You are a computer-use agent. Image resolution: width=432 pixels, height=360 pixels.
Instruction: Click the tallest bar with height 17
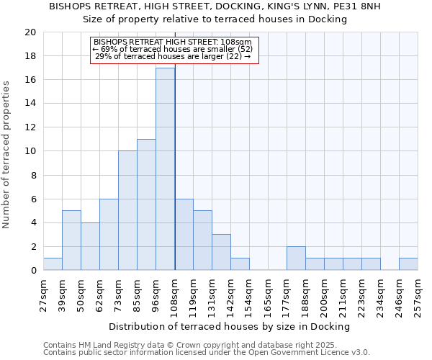tap(165, 169)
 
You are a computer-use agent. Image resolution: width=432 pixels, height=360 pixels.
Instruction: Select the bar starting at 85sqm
tap(146, 204)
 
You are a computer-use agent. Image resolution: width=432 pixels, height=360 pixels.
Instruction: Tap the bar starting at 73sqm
tap(127, 210)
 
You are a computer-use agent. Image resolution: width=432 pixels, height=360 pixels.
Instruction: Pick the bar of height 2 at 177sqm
tap(296, 258)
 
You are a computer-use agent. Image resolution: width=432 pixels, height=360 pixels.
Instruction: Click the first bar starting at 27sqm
tap(53, 264)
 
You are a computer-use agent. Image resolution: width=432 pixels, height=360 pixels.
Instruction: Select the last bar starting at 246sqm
tap(408, 264)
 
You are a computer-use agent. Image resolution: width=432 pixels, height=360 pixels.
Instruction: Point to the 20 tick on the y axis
tap(30, 32)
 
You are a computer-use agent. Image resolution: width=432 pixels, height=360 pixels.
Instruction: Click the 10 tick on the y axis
tap(30, 151)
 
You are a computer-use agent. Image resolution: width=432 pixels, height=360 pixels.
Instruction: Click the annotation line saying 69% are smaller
tap(173, 49)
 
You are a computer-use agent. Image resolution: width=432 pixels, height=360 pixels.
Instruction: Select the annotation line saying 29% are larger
tap(173, 56)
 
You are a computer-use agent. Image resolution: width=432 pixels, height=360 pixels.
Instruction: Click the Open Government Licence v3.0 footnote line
tap(207, 352)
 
